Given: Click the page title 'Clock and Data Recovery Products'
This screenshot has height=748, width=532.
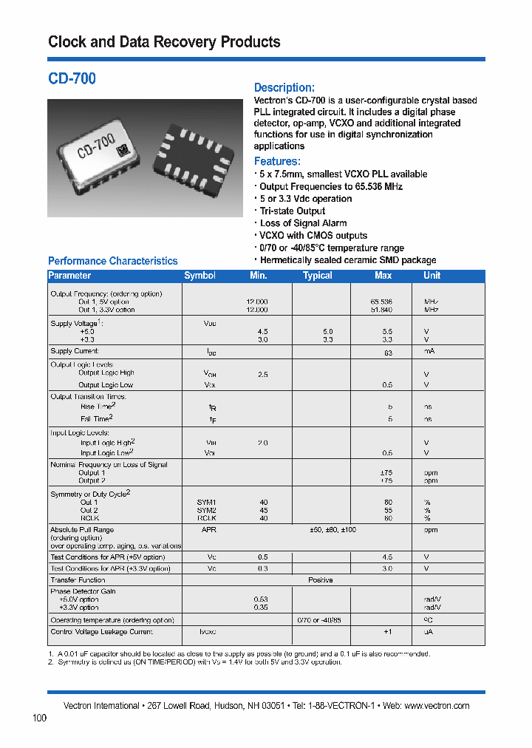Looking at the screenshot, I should click(x=164, y=42).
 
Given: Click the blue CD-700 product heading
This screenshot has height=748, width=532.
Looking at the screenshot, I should click(x=72, y=78).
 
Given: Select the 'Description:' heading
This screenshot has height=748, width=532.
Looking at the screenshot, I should click(x=284, y=87).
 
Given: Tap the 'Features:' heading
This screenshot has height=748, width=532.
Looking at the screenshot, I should click(x=277, y=161).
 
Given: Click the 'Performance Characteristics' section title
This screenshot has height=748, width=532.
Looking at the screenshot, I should click(x=112, y=261).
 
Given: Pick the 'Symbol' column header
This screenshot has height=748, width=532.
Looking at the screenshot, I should click(x=199, y=276).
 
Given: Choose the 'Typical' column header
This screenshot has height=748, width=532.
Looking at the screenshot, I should click(x=318, y=276).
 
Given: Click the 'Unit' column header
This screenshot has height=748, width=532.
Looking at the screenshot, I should click(x=432, y=276).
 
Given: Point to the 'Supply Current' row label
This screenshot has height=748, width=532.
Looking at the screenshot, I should click(x=75, y=351).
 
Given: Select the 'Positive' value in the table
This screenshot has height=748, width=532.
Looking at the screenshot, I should click(x=321, y=580).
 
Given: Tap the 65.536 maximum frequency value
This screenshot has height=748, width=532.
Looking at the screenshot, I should click(x=381, y=302).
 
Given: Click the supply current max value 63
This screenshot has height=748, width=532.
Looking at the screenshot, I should click(x=387, y=353).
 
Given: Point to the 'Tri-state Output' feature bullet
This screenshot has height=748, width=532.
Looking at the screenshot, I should click(x=292, y=211).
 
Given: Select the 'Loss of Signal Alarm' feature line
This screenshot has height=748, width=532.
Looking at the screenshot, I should click(x=303, y=223).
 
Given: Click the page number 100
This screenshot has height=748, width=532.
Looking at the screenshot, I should click(x=40, y=718).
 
